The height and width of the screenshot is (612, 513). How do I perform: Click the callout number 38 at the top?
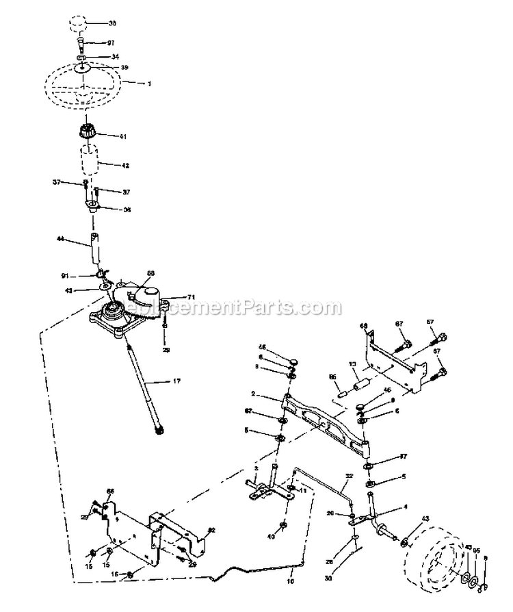coord(113,23)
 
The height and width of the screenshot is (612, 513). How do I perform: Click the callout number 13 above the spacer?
coord(353,364)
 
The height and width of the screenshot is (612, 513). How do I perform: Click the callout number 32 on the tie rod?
coord(350,476)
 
